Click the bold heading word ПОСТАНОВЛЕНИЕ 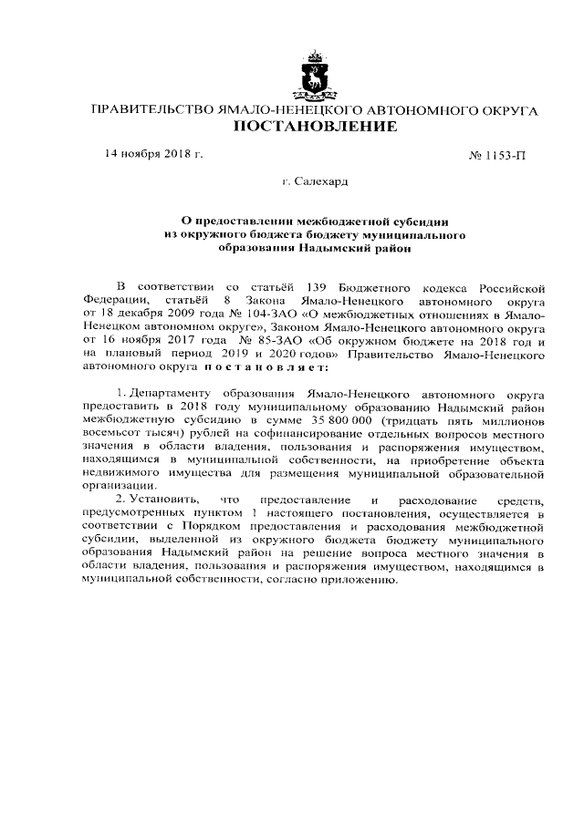coord(316,127)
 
